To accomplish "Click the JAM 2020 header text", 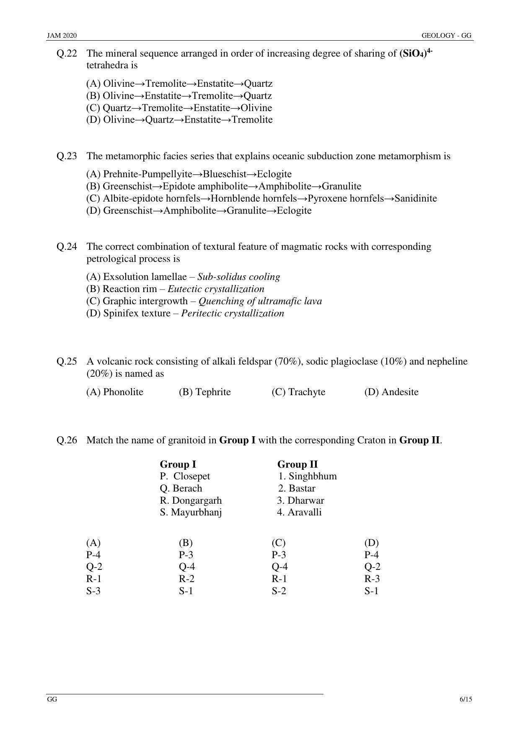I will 62,36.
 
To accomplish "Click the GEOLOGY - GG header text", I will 447,36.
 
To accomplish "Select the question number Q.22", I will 67,54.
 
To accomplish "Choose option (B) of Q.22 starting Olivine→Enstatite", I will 179,96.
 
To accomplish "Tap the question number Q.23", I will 67,156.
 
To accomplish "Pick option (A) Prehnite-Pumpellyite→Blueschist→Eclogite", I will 189,174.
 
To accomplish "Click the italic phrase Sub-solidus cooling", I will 238,277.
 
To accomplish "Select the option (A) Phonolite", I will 115,392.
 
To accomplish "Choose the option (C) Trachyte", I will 298,392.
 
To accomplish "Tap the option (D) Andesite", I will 391,392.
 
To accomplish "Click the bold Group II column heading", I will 298,464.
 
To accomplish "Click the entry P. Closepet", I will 185,476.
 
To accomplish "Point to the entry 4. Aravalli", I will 299,512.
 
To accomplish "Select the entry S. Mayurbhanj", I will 191,512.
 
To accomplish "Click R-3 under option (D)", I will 372,579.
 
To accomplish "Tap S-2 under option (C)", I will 279,591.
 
